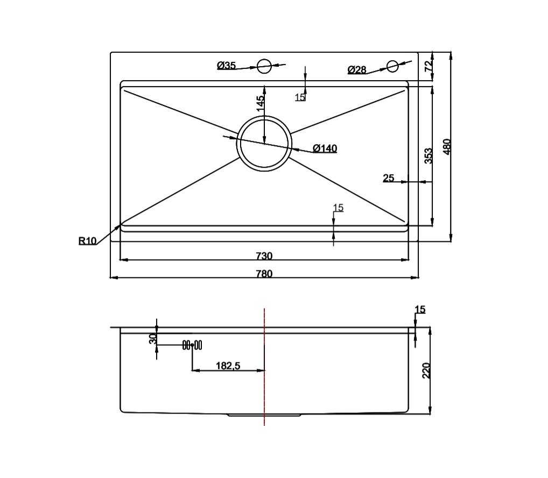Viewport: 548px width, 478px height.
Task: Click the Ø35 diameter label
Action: (x=226, y=66)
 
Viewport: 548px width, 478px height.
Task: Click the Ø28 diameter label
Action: (x=357, y=70)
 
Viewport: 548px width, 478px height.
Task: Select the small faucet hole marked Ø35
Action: (x=264, y=66)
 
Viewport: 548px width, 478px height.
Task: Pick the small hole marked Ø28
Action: (x=392, y=66)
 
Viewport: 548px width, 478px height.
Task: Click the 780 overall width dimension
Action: (x=264, y=274)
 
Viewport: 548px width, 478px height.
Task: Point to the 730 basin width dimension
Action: (x=264, y=256)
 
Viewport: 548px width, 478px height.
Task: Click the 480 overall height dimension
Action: (x=446, y=147)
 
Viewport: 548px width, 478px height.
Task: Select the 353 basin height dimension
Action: (x=428, y=156)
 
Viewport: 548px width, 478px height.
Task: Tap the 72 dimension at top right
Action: (x=428, y=66)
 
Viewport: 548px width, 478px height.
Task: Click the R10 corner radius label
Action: (x=88, y=241)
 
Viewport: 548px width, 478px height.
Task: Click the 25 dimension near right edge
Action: (x=389, y=178)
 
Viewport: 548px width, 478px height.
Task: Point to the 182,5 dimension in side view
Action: (x=228, y=366)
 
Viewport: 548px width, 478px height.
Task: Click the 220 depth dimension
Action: (x=426, y=371)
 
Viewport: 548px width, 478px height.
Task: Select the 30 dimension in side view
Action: (x=152, y=339)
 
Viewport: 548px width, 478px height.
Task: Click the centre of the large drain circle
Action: (x=264, y=144)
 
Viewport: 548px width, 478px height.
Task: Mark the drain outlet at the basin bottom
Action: (x=264, y=415)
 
